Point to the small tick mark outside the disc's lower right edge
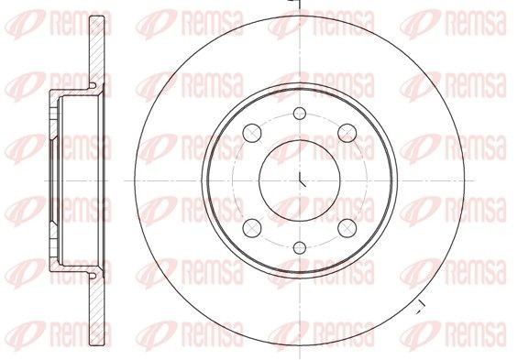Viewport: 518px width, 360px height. pos(418,304)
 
